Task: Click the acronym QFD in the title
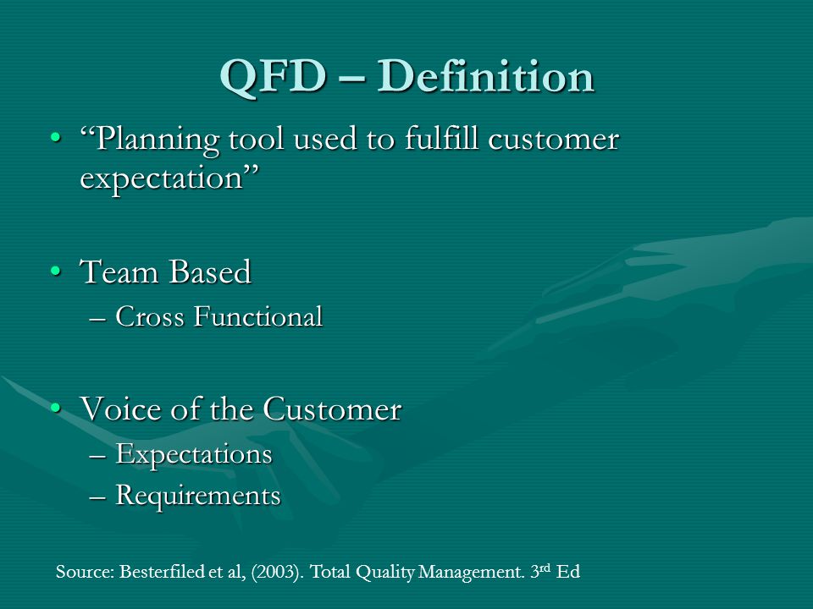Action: coord(274,78)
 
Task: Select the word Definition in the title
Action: coord(485,76)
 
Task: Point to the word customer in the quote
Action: coord(554,140)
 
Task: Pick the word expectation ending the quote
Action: coord(162,179)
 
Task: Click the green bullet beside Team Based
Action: coord(56,271)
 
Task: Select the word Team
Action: coord(119,272)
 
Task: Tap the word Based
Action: coord(210,272)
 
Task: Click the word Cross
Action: coord(150,316)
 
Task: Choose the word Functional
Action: coord(258,316)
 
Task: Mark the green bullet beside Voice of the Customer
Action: coord(56,407)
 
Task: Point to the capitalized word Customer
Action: coord(332,409)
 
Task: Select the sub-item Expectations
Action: coord(194,455)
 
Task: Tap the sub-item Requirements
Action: coord(198,496)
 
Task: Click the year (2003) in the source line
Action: coord(278,572)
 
